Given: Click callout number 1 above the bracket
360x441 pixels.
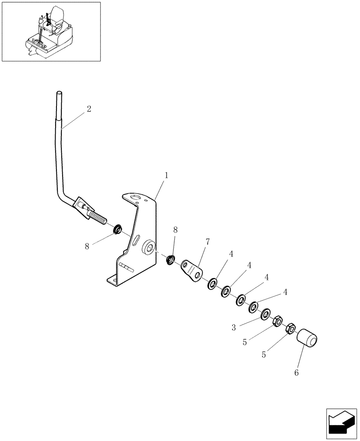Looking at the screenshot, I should [166, 175].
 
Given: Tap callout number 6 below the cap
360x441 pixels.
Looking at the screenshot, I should [296, 373].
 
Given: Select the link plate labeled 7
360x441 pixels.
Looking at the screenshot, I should [191, 270].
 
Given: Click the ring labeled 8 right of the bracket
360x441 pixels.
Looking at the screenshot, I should [170, 260].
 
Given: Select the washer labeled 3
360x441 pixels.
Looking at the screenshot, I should [266, 314].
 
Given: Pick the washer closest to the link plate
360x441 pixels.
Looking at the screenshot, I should [213, 283].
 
